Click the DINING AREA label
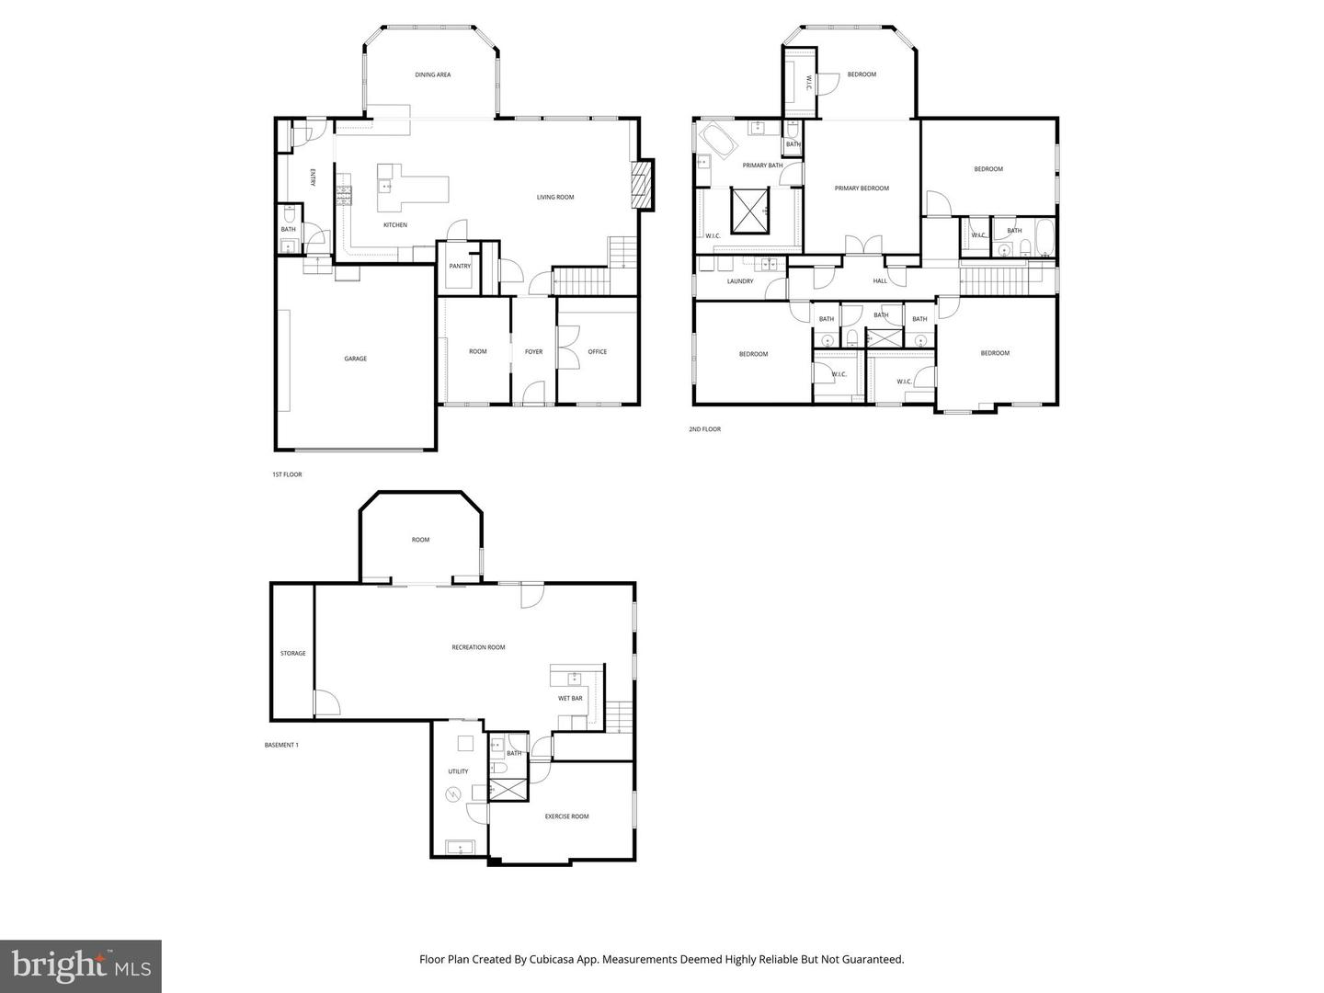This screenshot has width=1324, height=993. click(x=432, y=74)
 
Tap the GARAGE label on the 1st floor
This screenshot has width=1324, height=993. click(x=356, y=359)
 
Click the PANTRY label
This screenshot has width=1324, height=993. click(x=460, y=267)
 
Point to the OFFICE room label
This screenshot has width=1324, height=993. click(x=598, y=351)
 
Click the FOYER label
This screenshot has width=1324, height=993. click(x=533, y=351)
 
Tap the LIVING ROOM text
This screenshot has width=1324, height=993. click(x=555, y=197)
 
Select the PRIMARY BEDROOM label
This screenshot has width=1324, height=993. click(x=862, y=188)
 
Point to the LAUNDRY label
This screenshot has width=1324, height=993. click(x=740, y=281)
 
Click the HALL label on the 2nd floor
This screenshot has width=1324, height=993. click(x=880, y=281)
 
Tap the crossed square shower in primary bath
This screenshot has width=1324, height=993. click(x=748, y=211)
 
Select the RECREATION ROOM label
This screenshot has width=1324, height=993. click(x=478, y=647)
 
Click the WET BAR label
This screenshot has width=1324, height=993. click(x=570, y=698)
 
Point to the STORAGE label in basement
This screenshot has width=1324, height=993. click(x=292, y=654)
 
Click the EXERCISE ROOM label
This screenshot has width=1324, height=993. click(x=566, y=816)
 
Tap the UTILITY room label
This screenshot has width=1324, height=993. click(x=458, y=771)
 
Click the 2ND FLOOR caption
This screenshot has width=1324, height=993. click(x=704, y=429)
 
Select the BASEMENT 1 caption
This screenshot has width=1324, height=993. click(x=280, y=745)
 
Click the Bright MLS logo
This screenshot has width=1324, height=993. click(x=81, y=965)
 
